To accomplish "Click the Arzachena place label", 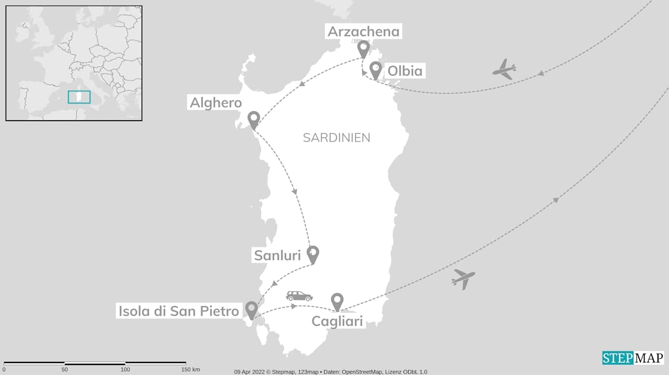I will tap(363, 31).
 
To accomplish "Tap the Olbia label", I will tap(405, 71).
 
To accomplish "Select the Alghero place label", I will tap(215, 102).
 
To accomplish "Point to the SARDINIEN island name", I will tap(337, 138).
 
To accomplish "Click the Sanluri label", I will tap(277, 255).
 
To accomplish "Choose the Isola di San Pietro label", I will tap(179, 311).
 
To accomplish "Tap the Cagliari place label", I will tap(337, 321).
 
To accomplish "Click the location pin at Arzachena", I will tap(363, 49).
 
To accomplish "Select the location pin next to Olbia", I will tap(375, 69).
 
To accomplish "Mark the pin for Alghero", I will tap(253, 120).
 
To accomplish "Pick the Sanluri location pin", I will tap(313, 254).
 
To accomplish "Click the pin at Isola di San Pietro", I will tap(251, 310).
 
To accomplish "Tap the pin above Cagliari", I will tap(337, 301).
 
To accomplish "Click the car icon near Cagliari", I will tap(299, 296).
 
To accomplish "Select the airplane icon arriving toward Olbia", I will tap(504, 69).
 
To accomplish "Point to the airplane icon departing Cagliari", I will tap(464, 278).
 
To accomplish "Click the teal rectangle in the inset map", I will tap(79, 97).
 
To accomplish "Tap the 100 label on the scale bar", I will tap(125, 370).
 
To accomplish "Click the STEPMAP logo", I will tap(632, 358).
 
